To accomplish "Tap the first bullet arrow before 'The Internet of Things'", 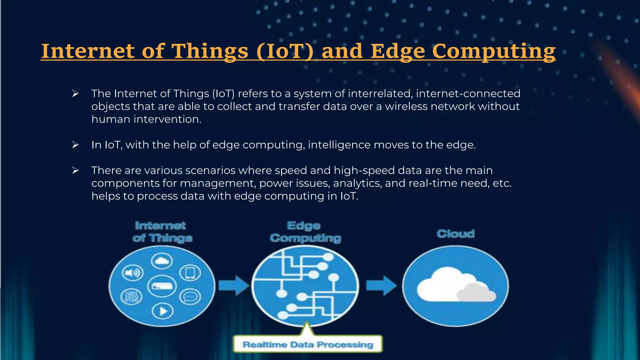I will click(x=75, y=93).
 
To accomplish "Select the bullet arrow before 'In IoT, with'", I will click(x=75, y=145).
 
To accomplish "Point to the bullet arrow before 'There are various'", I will click(x=75, y=170).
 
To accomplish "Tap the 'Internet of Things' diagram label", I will click(x=162, y=232).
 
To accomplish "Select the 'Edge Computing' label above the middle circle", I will click(x=305, y=232).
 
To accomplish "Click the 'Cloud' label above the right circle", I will click(x=456, y=234).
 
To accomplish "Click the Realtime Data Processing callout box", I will click(x=308, y=344).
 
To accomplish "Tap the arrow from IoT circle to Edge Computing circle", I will click(x=233, y=285).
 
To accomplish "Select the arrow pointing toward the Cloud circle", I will click(x=381, y=285).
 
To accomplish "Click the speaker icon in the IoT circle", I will click(x=132, y=273).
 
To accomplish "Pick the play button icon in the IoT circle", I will click(x=162, y=311).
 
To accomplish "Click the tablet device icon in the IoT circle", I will click(x=190, y=273).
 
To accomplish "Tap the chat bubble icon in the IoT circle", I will click(x=190, y=297).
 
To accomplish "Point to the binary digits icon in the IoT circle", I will click(x=131, y=296).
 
